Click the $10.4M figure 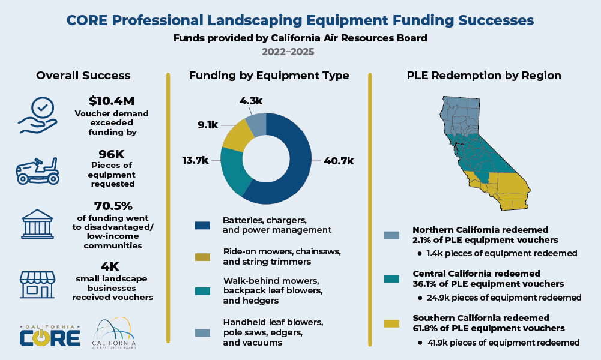112,101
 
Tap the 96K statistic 112,154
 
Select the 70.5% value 113,206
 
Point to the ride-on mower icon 38,171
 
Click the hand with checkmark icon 38,115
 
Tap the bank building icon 38,224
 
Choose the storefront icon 38,284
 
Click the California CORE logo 50,335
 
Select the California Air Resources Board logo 114,333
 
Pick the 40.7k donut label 339,161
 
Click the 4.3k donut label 251,101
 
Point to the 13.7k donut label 195,160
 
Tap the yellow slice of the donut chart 238,134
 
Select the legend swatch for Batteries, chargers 202,226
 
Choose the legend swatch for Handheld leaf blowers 202,333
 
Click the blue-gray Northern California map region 460,115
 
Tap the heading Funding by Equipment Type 269,76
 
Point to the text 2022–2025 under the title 288,52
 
